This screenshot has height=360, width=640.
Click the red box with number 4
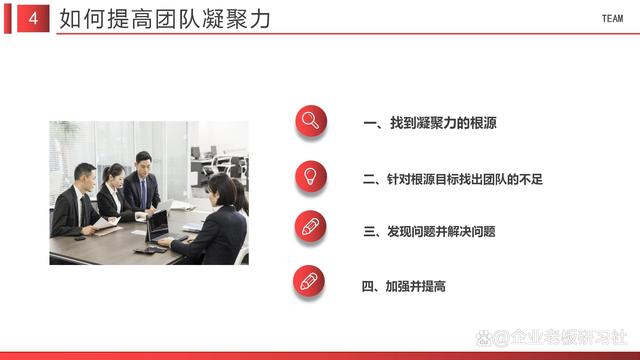[34, 19]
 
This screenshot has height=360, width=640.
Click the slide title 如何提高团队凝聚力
[165, 19]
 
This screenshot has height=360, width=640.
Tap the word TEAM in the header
[612, 19]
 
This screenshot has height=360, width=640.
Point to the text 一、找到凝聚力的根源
[430, 124]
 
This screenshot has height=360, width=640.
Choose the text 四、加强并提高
[403, 286]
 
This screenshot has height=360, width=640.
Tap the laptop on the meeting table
[158, 227]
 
